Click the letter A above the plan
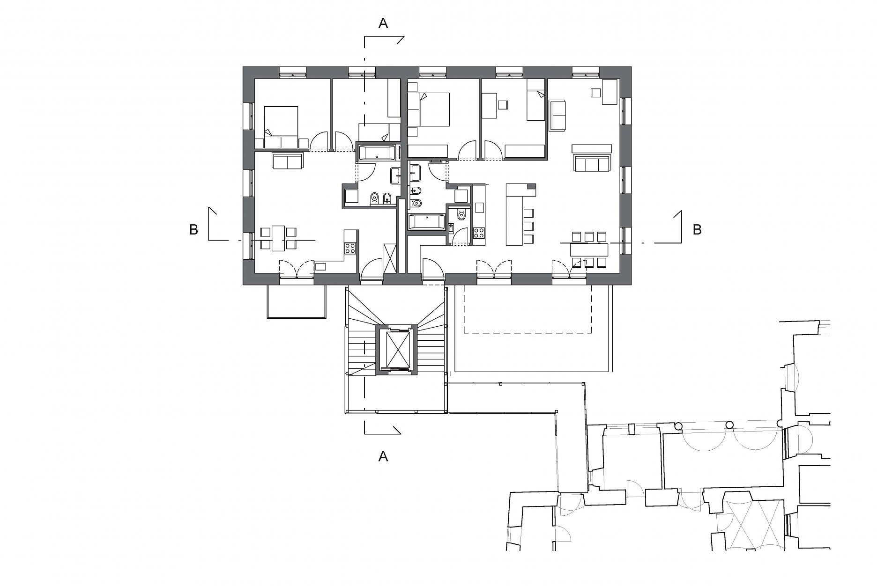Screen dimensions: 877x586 383,24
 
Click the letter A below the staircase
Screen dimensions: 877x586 383,456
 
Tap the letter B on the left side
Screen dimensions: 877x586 193,230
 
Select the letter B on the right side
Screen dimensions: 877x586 697,230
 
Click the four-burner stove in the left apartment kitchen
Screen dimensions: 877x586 350,249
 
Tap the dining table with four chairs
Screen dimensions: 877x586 279,237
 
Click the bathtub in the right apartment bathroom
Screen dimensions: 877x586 426,222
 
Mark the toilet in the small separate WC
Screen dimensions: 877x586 461,215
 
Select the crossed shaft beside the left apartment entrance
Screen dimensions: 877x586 390,257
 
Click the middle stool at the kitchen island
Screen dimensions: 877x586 528,226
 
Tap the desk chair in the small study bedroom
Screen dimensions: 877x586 503,105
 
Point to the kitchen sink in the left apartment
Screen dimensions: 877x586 321,267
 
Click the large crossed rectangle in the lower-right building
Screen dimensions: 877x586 753,524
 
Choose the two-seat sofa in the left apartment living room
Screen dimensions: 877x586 287,161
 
